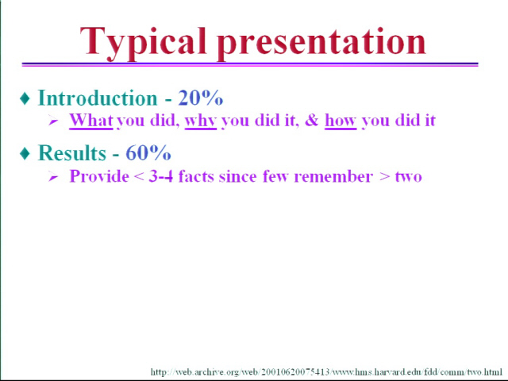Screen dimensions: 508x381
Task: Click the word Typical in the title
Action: [x=143, y=44]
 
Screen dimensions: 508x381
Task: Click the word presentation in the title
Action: [x=321, y=44]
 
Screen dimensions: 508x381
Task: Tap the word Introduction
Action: [x=98, y=98]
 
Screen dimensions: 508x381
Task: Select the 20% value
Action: [x=201, y=98]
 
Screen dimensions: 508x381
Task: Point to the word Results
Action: [x=72, y=152]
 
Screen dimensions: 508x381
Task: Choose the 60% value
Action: [x=148, y=152]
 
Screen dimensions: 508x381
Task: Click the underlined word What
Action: [x=91, y=120]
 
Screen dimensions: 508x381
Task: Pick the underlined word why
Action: [x=201, y=121]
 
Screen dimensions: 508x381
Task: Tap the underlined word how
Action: [x=341, y=121]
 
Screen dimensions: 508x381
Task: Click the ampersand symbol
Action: [x=312, y=120]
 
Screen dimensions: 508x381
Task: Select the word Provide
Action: [x=99, y=176]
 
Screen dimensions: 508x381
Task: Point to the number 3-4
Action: [x=160, y=176]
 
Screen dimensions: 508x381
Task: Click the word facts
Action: [x=196, y=176]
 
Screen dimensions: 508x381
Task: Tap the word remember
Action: [x=333, y=176]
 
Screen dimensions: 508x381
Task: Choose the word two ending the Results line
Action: [x=409, y=177]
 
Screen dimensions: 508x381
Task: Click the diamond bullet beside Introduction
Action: [x=25, y=98]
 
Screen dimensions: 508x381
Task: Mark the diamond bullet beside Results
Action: [x=25, y=153]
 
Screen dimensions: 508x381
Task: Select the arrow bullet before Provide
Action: [x=53, y=177]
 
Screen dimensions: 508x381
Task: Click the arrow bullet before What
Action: [x=53, y=121]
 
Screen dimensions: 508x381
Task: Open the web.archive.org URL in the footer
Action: [x=326, y=371]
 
